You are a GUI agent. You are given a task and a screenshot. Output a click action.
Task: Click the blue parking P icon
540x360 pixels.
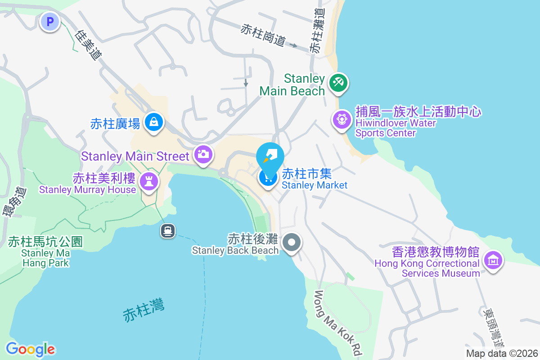[x=50, y=21]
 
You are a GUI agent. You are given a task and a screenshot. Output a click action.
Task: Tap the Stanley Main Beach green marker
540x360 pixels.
[x=338, y=83]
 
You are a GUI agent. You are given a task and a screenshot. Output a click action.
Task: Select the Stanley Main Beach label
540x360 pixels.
[x=292, y=85]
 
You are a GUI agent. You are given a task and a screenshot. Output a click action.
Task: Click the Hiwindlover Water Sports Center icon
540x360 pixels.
[x=342, y=120]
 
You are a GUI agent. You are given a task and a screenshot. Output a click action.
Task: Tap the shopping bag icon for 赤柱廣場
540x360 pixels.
[x=154, y=122]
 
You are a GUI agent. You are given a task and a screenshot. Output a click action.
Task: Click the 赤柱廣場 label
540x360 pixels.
[x=115, y=124]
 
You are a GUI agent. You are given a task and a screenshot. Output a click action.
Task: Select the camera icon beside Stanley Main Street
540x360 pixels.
[x=203, y=154]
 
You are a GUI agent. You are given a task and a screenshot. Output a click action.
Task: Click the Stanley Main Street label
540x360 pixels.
[x=135, y=157]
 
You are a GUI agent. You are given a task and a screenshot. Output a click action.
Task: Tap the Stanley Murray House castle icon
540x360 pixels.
[x=147, y=181]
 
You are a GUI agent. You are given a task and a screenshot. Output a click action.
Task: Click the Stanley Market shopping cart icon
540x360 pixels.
[x=268, y=177]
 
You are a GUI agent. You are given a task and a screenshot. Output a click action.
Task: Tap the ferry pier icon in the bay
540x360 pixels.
[x=168, y=231]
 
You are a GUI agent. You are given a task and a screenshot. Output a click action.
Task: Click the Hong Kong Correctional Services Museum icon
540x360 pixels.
[x=493, y=260]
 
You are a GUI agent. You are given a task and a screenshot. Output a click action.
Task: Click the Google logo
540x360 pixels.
[x=30, y=349]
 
